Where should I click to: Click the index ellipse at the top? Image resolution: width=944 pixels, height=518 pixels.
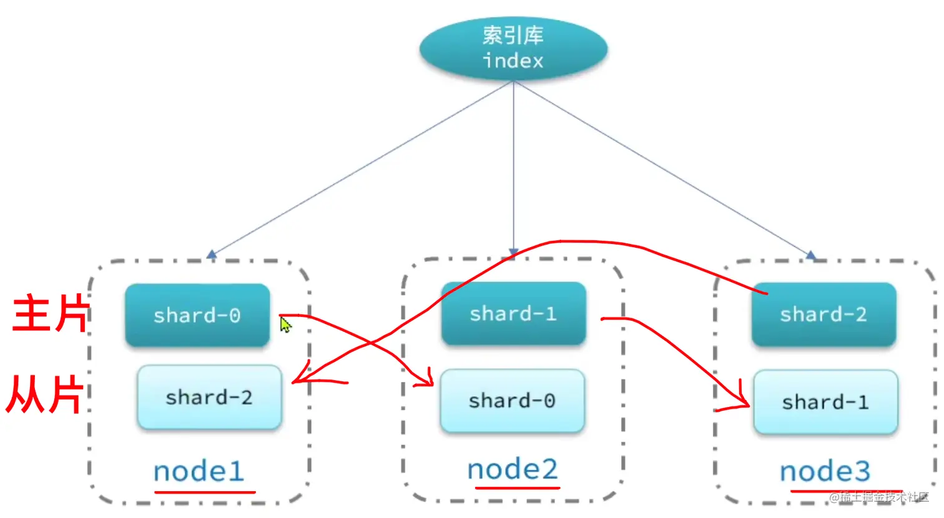(513, 49)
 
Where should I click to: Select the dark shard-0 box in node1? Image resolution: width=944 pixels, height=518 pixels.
(197, 315)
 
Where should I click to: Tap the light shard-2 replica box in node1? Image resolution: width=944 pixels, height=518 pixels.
(209, 398)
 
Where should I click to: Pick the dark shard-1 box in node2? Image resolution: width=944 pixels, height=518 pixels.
(513, 313)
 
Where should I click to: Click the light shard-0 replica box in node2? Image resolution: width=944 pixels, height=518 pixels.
(512, 401)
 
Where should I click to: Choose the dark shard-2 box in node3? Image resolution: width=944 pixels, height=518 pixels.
(824, 314)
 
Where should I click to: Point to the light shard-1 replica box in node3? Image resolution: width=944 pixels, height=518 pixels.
(825, 402)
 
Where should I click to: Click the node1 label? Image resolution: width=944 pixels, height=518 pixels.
(199, 471)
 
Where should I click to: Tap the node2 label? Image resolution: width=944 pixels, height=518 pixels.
(513, 469)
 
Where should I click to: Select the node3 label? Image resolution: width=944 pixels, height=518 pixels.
(825, 471)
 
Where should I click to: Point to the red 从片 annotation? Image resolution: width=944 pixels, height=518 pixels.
(45, 394)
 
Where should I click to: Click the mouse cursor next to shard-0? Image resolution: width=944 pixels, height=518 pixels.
(285, 325)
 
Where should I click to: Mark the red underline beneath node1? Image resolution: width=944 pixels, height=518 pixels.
(205, 492)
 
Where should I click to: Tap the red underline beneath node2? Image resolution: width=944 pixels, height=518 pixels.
(518, 487)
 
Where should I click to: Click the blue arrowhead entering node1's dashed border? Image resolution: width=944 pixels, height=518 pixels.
(212, 255)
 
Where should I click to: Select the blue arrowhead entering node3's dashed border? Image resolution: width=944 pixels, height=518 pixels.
(810, 255)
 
